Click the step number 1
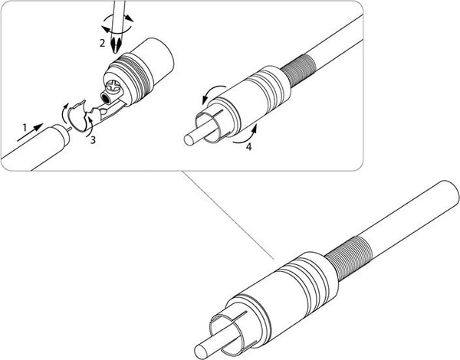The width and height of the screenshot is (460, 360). (25, 124)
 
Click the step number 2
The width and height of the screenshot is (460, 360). (101, 44)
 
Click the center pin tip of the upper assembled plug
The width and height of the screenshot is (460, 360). (189, 140)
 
